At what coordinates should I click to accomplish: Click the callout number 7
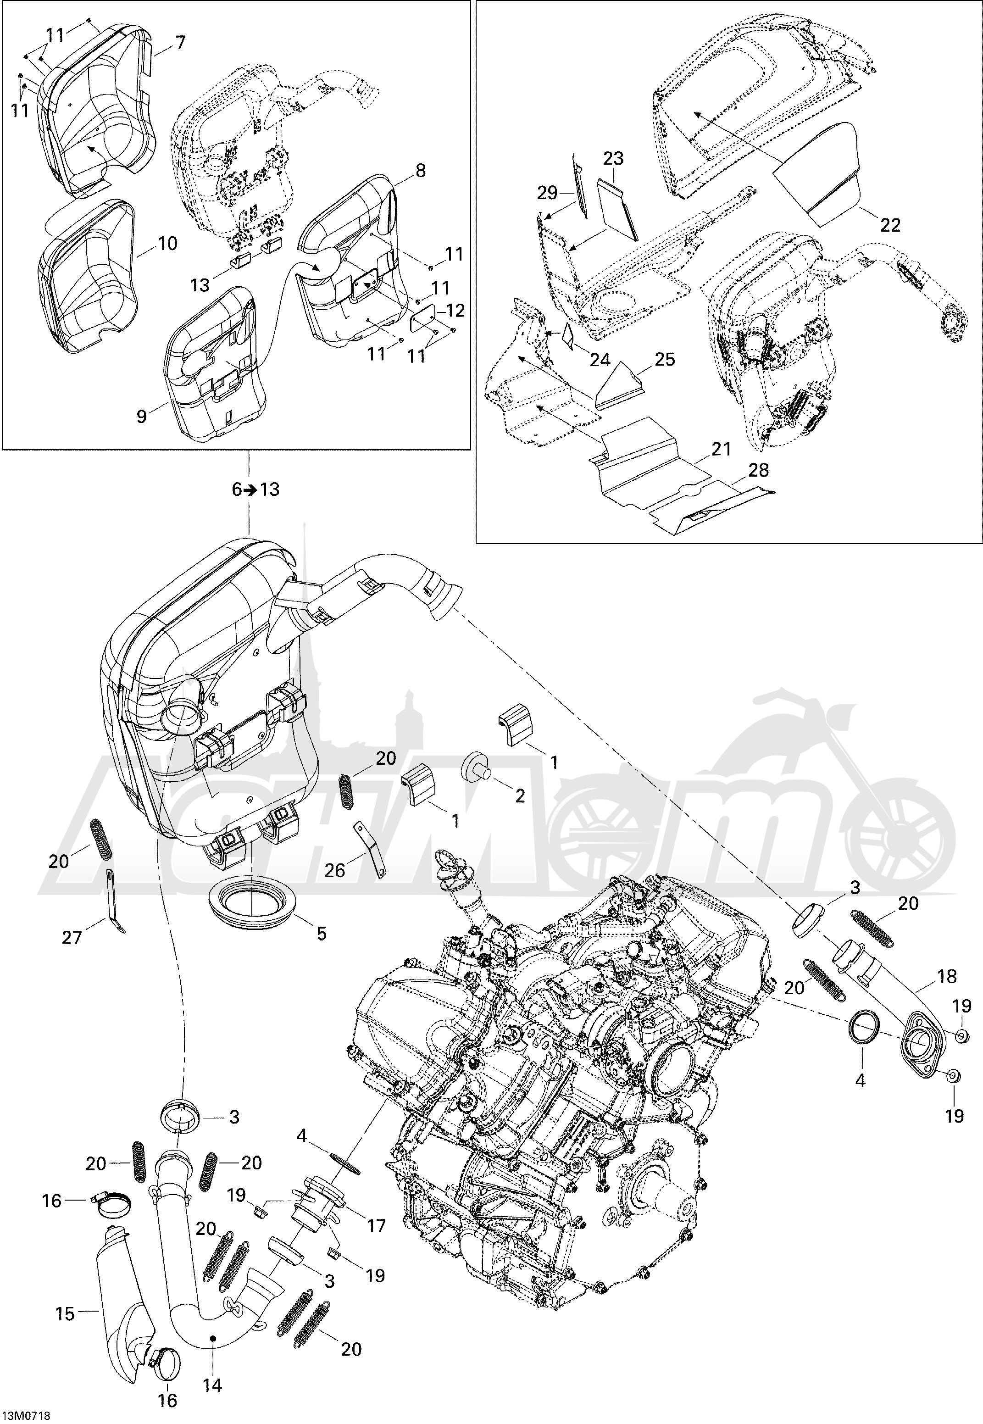click(x=180, y=43)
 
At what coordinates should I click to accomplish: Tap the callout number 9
click(x=142, y=417)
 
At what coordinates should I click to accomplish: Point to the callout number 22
click(x=890, y=225)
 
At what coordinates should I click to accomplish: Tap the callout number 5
click(x=322, y=934)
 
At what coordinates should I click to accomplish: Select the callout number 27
click(x=72, y=937)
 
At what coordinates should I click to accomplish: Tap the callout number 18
click(x=947, y=976)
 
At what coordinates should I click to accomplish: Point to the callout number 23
click(x=613, y=158)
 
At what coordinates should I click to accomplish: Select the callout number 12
click(x=455, y=311)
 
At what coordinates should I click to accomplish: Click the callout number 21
click(x=721, y=449)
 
